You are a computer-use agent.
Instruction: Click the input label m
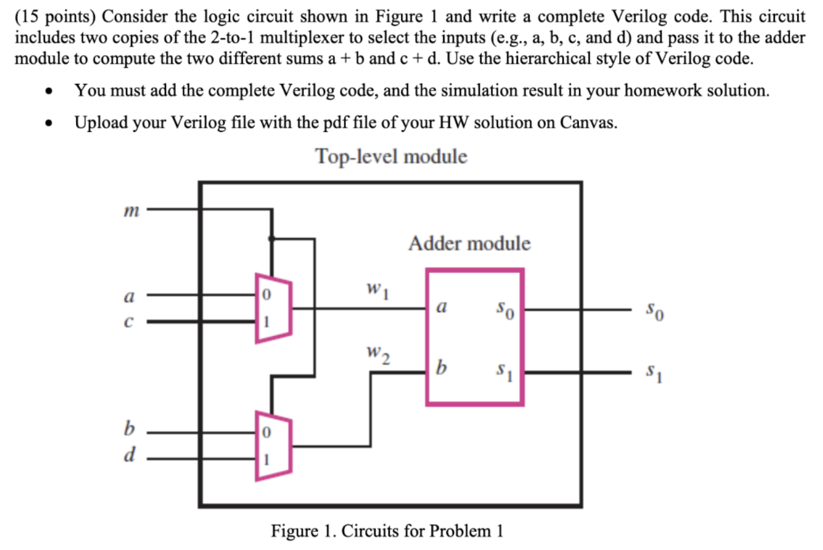tap(131, 211)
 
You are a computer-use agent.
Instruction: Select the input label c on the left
tap(128, 322)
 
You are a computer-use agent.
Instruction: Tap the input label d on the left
tap(129, 454)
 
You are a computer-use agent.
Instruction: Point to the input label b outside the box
tap(129, 429)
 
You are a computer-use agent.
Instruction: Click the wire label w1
tap(377, 288)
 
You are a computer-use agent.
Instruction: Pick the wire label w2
tap(377, 353)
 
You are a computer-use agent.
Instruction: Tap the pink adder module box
tap(475, 337)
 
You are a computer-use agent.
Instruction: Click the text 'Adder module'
tap(469, 243)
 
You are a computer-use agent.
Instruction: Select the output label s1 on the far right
tap(655, 371)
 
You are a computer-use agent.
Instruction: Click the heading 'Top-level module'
tap(391, 157)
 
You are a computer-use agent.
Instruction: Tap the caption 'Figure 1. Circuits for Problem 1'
tap(387, 531)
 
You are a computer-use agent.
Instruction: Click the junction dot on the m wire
tap(272, 238)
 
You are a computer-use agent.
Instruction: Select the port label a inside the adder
tap(442, 308)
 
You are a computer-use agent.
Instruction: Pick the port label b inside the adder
tap(442, 367)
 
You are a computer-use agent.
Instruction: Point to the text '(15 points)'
tap(55, 16)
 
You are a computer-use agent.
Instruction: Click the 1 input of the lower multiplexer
tap(265, 459)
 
